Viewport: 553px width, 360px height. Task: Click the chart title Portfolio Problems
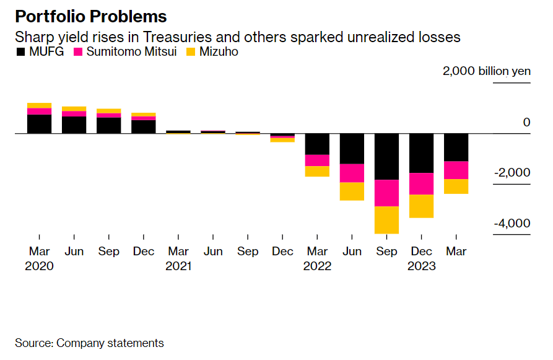(x=91, y=16)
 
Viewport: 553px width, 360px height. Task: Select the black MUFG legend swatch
(x=20, y=52)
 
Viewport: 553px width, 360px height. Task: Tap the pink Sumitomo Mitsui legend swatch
(x=78, y=52)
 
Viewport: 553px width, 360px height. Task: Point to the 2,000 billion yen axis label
(x=486, y=71)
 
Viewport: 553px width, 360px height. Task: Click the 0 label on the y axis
(x=526, y=122)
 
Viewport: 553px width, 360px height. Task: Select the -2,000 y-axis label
(x=512, y=173)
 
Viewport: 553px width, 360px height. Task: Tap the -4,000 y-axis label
(x=512, y=224)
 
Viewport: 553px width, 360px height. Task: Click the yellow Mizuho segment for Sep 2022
(x=387, y=220)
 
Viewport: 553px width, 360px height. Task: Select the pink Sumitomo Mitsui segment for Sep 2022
(x=387, y=193)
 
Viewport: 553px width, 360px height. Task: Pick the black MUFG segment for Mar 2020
(x=39, y=124)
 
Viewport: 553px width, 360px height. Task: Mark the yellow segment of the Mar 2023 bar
(x=456, y=186)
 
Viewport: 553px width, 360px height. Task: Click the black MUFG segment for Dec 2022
(x=421, y=153)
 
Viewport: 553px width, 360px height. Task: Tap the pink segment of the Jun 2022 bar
(x=352, y=173)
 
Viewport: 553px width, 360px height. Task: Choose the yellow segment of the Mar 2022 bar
(x=317, y=171)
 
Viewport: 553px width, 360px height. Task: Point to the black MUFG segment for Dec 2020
(x=144, y=126)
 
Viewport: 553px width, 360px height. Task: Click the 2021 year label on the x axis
(x=178, y=266)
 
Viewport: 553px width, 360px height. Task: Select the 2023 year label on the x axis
(x=421, y=266)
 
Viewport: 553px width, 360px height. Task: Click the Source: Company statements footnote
(x=89, y=343)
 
